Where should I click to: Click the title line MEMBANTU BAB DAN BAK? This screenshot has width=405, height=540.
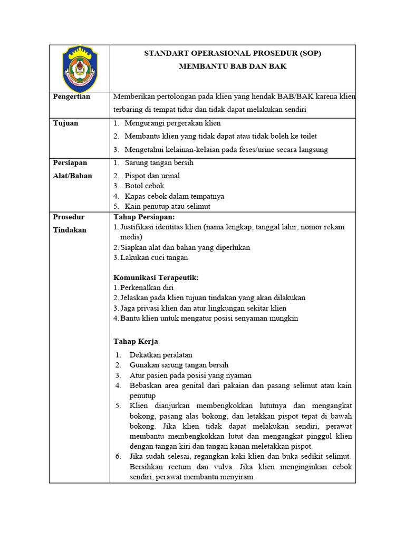232,66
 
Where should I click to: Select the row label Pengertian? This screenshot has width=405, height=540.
72,97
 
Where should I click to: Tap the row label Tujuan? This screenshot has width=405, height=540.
66,123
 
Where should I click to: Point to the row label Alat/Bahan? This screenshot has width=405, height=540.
73,176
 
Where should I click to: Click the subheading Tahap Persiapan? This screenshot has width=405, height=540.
144,217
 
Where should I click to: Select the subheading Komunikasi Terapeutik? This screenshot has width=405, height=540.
156,277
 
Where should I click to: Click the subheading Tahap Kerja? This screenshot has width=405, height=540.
136,341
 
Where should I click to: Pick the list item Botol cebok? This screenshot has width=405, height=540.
144,186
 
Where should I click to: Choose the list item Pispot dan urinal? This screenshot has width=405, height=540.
152,176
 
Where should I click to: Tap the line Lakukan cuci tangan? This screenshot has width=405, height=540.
153,257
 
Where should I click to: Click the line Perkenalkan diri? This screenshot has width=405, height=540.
147,287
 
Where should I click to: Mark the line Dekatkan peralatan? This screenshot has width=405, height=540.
161,355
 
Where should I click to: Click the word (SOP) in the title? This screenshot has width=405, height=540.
310,53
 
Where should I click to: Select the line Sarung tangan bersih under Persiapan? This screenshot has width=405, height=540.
159,163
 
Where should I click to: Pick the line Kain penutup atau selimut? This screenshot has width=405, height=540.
167,206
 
